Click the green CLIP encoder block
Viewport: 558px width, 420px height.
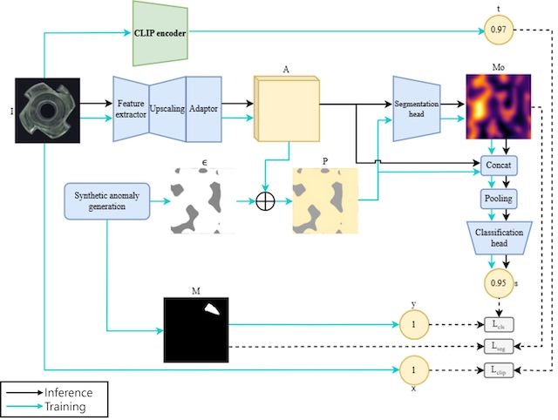[161, 33]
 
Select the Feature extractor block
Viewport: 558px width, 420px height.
[130, 110]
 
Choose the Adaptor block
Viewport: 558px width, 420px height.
[204, 110]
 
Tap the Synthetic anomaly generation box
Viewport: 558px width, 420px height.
[106, 201]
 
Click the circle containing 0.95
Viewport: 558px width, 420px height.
[498, 282]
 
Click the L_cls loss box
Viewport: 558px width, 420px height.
[500, 325]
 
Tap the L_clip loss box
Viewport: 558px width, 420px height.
[500, 371]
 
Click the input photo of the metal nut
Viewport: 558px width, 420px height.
[48, 111]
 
